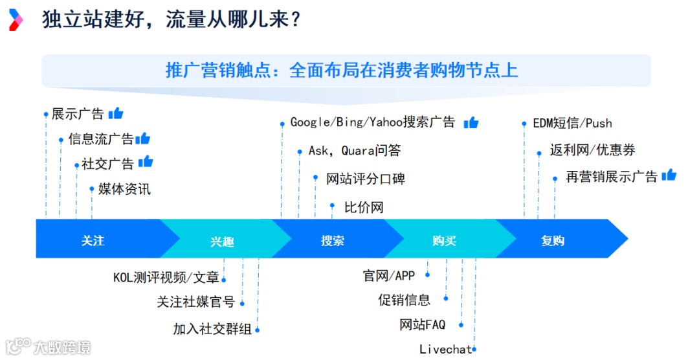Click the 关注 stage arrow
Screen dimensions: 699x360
(x=93, y=240)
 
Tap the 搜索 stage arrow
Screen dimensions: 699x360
(x=333, y=240)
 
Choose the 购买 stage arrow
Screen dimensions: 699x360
(x=445, y=240)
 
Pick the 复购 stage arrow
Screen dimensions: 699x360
(x=553, y=240)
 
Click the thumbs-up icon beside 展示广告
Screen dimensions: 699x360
(x=116, y=113)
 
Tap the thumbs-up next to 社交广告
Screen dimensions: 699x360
(x=146, y=162)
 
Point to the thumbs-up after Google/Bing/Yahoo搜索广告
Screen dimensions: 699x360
(x=471, y=122)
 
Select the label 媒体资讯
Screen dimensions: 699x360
(x=124, y=189)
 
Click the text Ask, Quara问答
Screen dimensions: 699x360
(x=355, y=151)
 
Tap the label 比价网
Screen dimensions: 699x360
(x=364, y=208)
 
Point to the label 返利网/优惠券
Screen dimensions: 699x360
(x=592, y=150)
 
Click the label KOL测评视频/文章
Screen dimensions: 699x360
(x=166, y=278)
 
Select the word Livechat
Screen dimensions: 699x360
(x=445, y=350)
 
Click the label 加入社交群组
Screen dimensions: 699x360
(x=212, y=329)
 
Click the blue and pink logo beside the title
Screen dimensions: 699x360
(x=16, y=20)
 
